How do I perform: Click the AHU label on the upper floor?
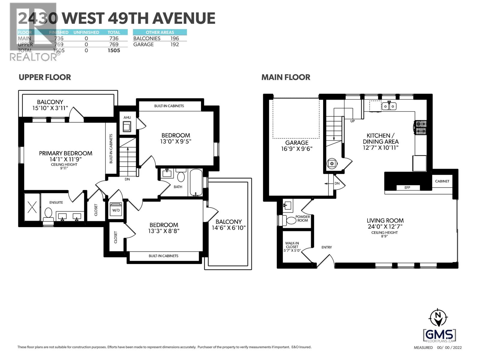click(127, 118)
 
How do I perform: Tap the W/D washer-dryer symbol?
click(116, 210)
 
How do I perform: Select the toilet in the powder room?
click(291, 220)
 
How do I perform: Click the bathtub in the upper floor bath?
click(196, 183)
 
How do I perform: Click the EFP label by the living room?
click(407, 187)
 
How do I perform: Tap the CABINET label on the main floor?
click(442, 181)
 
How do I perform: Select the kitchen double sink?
click(389, 106)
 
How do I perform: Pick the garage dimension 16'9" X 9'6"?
click(297, 148)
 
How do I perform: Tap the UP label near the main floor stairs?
click(353, 121)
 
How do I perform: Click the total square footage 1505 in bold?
click(114, 50)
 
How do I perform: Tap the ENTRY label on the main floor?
click(326, 247)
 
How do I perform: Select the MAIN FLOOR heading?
click(286, 77)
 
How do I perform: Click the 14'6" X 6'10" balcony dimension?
click(229, 228)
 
